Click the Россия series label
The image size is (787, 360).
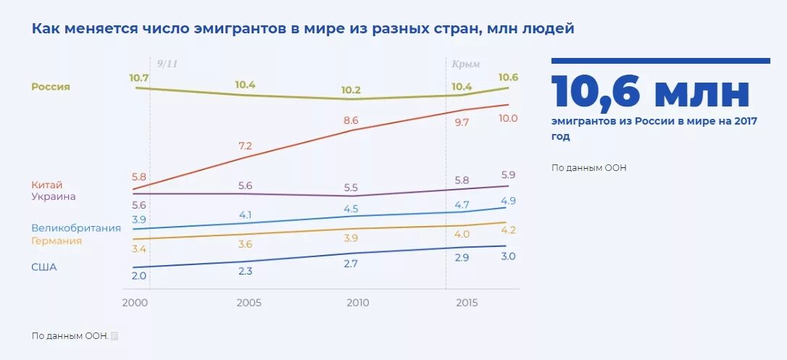tap(51, 87)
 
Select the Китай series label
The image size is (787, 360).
tap(47, 185)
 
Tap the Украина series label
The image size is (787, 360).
tap(54, 196)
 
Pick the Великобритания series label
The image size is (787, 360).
tap(76, 228)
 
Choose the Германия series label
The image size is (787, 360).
tap(57, 241)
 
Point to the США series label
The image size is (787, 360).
tap(43, 267)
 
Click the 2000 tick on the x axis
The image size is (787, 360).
tap(136, 303)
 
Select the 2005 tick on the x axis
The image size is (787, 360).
tap(249, 303)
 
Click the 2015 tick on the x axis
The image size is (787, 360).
tap(466, 303)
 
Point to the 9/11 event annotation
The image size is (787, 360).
tap(167, 64)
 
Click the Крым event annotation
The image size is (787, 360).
tap(466, 64)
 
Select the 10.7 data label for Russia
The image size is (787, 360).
tap(138, 78)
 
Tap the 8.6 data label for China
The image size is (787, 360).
tap(351, 120)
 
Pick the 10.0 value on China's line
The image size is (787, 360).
tap(508, 118)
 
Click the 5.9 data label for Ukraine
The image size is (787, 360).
tap(508, 175)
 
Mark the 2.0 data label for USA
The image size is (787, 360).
tap(138, 276)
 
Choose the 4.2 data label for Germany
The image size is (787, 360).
tap(508, 230)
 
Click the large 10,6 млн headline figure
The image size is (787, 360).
tap(650, 93)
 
